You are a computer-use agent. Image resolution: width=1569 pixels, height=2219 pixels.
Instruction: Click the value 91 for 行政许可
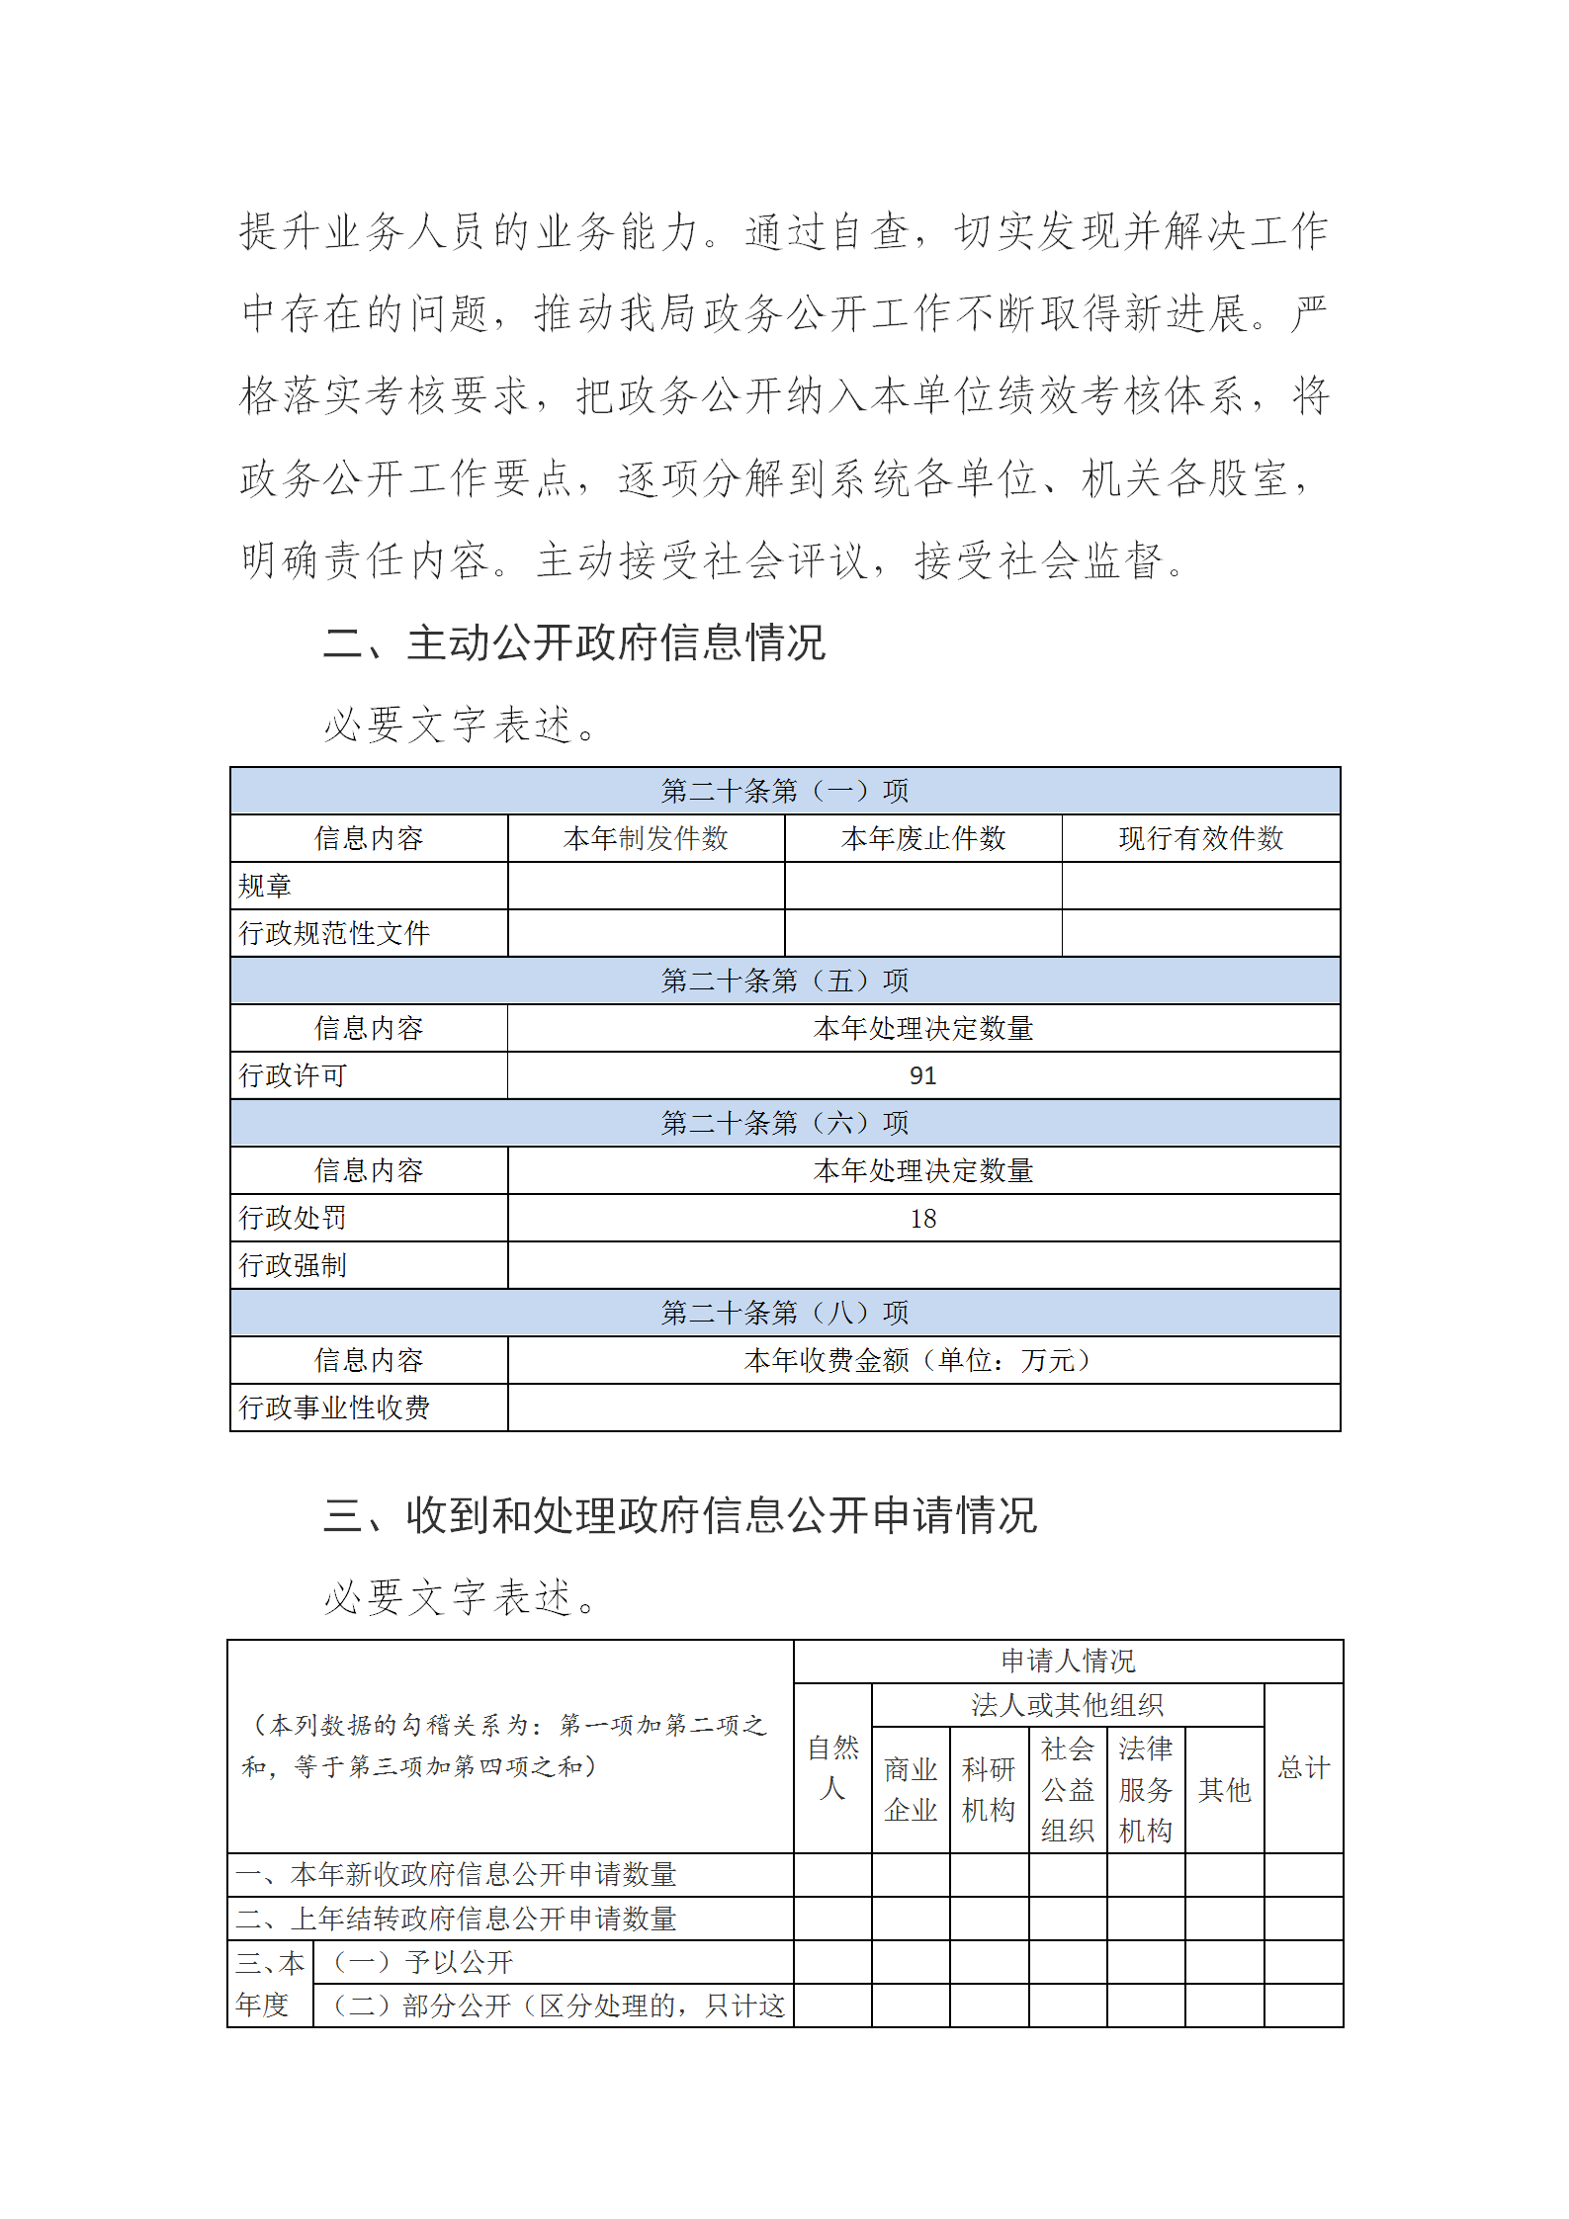(x=922, y=1075)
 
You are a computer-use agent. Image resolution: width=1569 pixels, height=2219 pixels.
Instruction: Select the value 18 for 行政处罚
(x=922, y=1219)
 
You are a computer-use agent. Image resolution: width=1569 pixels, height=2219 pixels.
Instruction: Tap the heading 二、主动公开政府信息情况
(x=573, y=643)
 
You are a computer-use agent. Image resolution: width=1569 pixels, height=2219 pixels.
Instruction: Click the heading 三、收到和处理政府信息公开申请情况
(x=679, y=1516)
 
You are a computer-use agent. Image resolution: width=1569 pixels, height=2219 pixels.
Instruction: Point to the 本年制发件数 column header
(x=646, y=839)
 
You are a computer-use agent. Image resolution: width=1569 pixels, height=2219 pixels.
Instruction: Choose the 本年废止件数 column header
(x=922, y=839)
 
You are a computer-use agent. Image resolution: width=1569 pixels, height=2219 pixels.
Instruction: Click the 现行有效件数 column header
(x=1200, y=839)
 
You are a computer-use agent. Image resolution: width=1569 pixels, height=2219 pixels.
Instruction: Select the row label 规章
(x=265, y=887)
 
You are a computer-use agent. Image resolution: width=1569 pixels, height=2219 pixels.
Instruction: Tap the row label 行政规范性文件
(x=334, y=934)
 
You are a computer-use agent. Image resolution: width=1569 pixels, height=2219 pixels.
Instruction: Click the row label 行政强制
(x=293, y=1266)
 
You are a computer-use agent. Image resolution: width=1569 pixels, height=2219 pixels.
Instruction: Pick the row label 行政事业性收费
(x=334, y=1408)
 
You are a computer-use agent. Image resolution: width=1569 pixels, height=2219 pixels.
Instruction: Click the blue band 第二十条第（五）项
(x=784, y=981)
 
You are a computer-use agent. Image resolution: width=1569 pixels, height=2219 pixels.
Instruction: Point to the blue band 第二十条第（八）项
(x=784, y=1314)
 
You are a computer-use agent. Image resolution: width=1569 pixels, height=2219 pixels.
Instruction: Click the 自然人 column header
(x=832, y=1768)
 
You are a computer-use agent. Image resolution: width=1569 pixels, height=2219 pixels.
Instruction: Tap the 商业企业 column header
(x=911, y=1790)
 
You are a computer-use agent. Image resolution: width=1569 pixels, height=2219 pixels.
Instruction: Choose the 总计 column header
(x=1303, y=1768)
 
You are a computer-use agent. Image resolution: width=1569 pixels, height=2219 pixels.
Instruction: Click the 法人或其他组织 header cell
(x=1067, y=1705)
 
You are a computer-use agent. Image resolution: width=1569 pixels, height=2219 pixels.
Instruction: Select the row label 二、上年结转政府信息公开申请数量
(x=456, y=1919)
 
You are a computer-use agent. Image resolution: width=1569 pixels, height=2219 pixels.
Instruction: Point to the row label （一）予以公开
(x=423, y=1962)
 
